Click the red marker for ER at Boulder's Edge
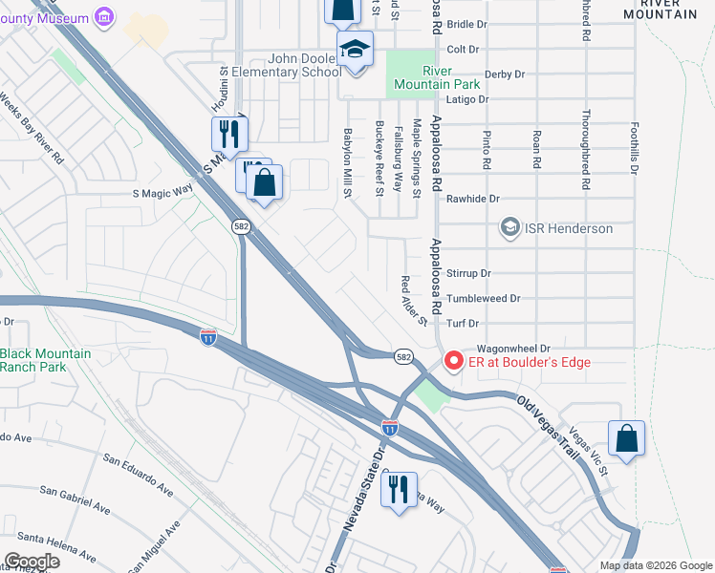tap(451, 362)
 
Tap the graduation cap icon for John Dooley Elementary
tap(355, 49)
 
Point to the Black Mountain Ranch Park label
tap(46, 361)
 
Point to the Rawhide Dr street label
tap(473, 199)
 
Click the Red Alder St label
tap(413, 301)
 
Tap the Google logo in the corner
tap(32, 562)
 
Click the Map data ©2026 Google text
tap(655, 565)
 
